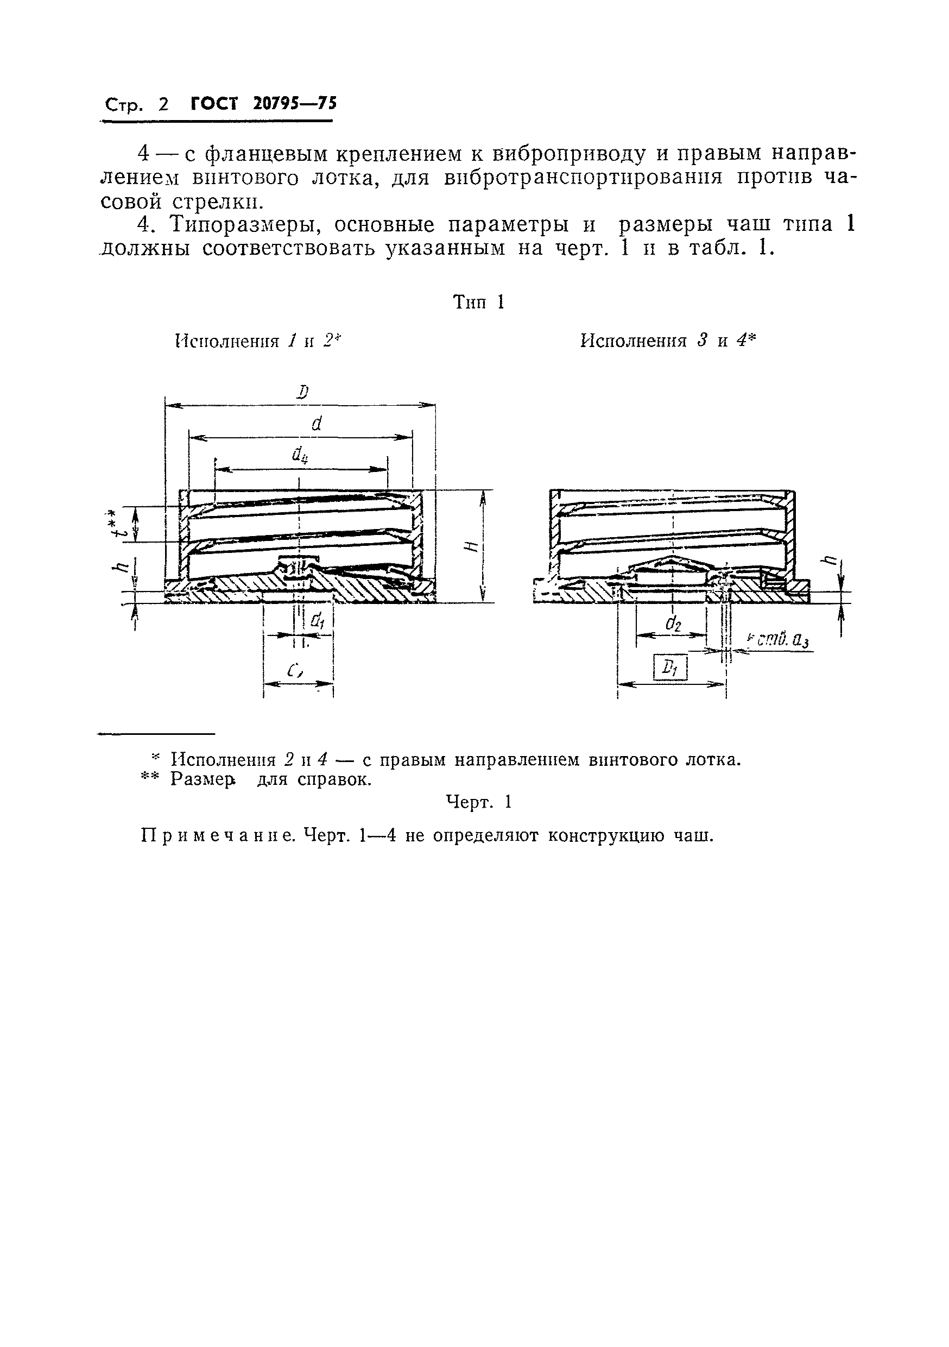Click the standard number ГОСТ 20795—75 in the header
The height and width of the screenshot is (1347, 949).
pos(264,104)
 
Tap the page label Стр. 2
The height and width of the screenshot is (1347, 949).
pos(136,105)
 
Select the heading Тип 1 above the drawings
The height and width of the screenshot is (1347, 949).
pos(479,303)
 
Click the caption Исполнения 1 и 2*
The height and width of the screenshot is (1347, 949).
pos(258,341)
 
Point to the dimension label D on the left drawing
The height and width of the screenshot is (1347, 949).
pos(302,392)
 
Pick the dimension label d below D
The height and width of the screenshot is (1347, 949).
pos(317,424)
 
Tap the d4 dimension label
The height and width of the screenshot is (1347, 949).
pos(300,455)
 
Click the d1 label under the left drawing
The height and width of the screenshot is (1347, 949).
pos(317,620)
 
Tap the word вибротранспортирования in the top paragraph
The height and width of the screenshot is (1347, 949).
pos(583,178)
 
